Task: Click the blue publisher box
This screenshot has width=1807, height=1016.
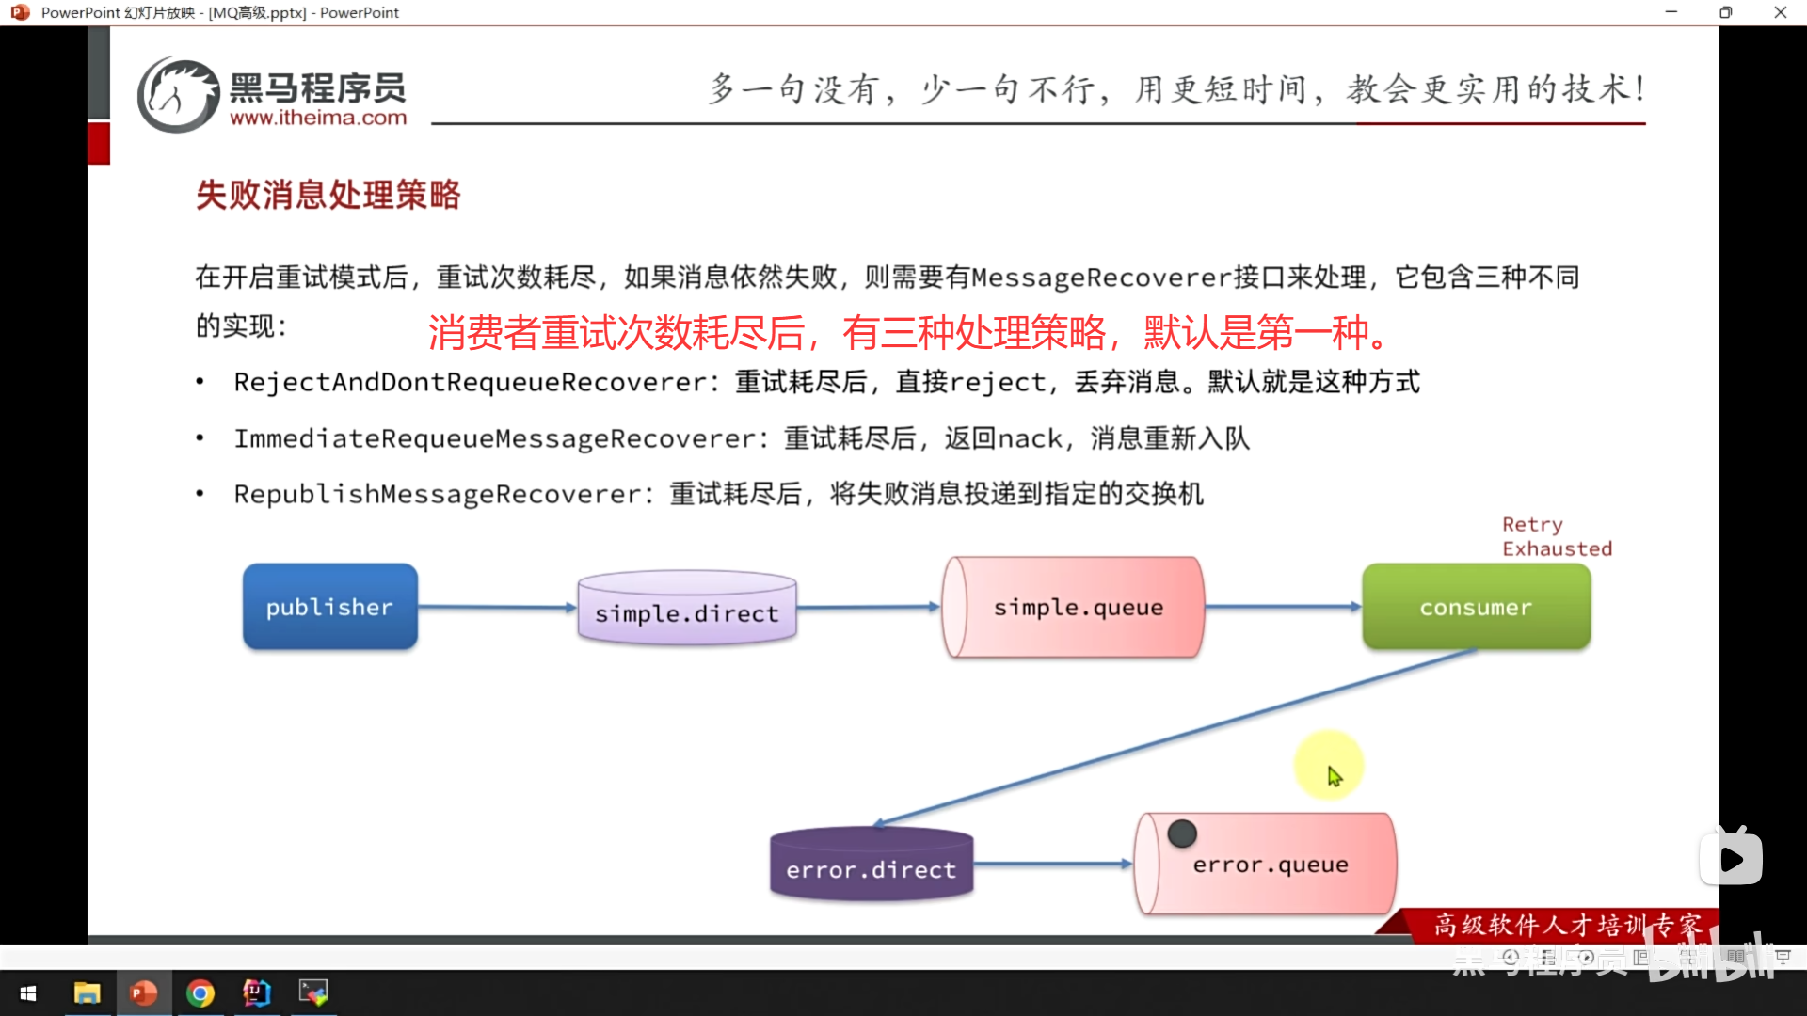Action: [329, 607]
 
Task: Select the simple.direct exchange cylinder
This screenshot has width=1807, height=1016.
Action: [687, 610]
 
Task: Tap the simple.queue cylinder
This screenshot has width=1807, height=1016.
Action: [1075, 608]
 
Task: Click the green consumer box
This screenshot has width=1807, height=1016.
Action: [1476, 608]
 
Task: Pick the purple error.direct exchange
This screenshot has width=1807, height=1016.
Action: [871, 865]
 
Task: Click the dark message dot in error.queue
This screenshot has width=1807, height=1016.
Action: [1182, 833]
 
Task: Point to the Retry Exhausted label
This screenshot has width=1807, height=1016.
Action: [1556, 536]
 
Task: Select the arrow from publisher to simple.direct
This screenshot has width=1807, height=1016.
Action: [497, 608]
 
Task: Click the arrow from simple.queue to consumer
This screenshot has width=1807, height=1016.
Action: [1282, 607]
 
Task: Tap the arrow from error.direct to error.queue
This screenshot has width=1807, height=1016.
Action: [1052, 864]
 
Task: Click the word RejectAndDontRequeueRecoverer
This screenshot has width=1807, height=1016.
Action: [471, 382]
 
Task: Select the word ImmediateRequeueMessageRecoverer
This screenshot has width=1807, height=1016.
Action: [495, 438]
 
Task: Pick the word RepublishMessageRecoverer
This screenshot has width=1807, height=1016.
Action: [438, 494]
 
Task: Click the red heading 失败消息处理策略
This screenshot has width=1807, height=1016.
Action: [328, 195]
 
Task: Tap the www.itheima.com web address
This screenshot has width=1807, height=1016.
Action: [318, 119]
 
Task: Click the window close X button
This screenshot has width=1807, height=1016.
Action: [1780, 12]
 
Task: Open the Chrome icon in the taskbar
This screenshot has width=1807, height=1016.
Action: [200, 992]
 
